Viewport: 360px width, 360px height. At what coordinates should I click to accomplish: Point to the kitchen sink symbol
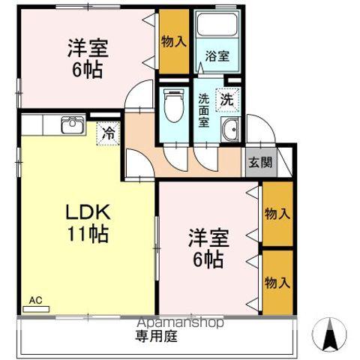pos(71,124)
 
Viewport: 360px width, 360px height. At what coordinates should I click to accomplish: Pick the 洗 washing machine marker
pos(226,98)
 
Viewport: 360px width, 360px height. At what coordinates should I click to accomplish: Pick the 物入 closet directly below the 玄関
pos(277,214)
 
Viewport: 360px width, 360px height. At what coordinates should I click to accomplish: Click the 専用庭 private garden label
pos(156,337)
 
